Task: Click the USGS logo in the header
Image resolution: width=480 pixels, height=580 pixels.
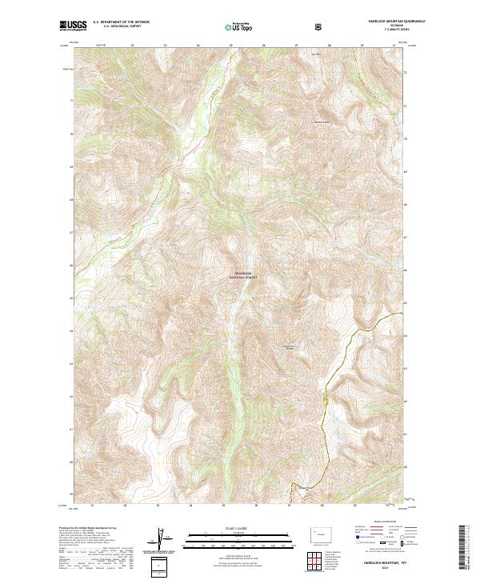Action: [73, 26]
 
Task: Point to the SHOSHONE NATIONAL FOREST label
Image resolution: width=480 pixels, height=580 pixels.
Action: [241, 274]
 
